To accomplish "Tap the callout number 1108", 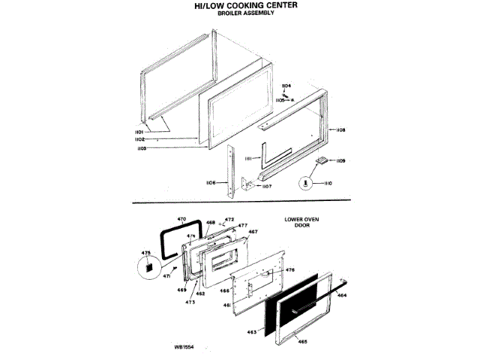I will (341, 130).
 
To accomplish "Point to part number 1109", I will (340, 160).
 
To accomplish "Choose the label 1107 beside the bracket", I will (266, 187).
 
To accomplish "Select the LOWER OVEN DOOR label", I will (301, 223).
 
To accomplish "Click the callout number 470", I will (180, 219).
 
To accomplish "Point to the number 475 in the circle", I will (146, 253).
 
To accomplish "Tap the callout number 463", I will (252, 331).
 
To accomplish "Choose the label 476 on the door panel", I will (290, 268).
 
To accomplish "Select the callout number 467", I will (253, 232).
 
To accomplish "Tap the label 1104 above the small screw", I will (286, 85).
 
